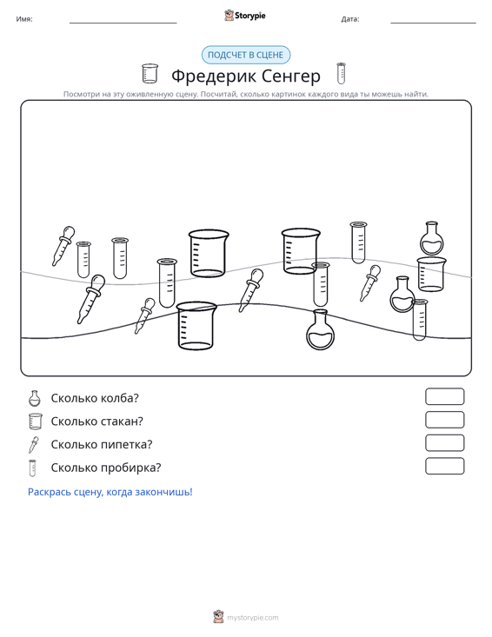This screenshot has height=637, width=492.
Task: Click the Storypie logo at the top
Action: coord(244,16)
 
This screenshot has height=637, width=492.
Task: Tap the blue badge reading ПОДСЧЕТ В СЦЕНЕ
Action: coord(246,55)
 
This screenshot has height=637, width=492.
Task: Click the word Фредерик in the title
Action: coord(214,76)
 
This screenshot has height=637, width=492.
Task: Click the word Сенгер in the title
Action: coord(291,76)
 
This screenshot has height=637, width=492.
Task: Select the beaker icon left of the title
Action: coord(150,74)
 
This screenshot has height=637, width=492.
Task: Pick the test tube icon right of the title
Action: coord(341,74)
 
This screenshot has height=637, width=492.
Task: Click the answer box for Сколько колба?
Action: coord(444,396)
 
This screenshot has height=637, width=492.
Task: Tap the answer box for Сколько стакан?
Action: coord(444,420)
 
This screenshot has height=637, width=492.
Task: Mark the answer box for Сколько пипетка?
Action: coord(444,443)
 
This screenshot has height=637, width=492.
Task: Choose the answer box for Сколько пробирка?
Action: coord(444,466)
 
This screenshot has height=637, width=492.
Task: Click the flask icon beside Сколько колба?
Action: coord(35,398)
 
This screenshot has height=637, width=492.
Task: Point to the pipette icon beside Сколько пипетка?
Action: coord(34,444)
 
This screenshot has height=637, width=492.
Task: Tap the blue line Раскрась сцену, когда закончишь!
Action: coord(110,492)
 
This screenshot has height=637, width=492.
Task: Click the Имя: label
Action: coord(24,19)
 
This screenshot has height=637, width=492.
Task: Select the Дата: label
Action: coord(350,19)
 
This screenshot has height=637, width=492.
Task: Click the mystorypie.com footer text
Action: coord(252,618)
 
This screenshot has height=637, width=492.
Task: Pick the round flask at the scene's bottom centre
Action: coord(320,329)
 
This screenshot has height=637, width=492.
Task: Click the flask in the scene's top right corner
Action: coord(431,238)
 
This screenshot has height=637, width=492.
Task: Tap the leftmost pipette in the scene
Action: coord(63,246)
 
